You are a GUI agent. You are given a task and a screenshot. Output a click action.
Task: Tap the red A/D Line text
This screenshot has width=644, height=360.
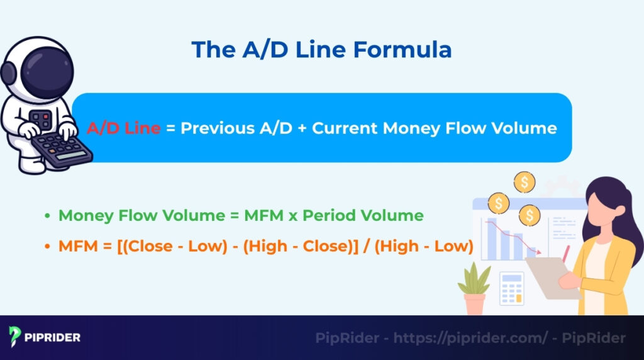[123, 128]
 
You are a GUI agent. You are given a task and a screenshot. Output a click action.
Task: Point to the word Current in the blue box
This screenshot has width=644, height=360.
[345, 128]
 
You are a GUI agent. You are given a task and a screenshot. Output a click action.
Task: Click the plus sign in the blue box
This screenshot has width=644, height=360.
[300, 128]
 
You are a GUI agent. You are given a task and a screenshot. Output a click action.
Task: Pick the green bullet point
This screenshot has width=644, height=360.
[47, 217]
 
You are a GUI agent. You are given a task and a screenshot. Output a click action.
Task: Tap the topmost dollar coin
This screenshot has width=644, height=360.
[523, 183]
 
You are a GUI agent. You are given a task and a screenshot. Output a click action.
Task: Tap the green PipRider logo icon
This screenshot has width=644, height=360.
[16, 337]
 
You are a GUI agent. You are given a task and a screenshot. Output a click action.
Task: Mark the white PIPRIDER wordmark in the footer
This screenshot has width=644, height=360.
[53, 338]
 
